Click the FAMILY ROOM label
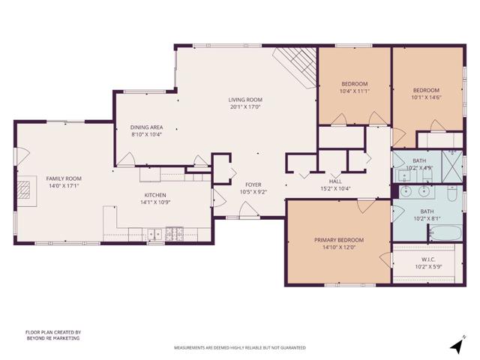pyautogui.click(x=64, y=179)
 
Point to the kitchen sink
pyautogui.click(x=156, y=234)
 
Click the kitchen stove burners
pyautogui.click(x=175, y=233)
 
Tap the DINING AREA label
pyautogui.click(x=147, y=127)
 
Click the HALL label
pyautogui.click(x=335, y=181)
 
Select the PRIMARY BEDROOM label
pyautogui.click(x=339, y=240)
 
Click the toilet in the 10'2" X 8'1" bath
pyautogui.click(x=452, y=194)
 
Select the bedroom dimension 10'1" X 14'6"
pyautogui.click(x=426, y=97)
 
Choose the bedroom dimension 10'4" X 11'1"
pyautogui.click(x=354, y=91)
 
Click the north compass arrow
pyautogui.click(x=455, y=345)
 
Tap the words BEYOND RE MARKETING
pyautogui.click(x=52, y=338)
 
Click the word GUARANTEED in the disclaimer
pyautogui.click(x=289, y=348)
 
